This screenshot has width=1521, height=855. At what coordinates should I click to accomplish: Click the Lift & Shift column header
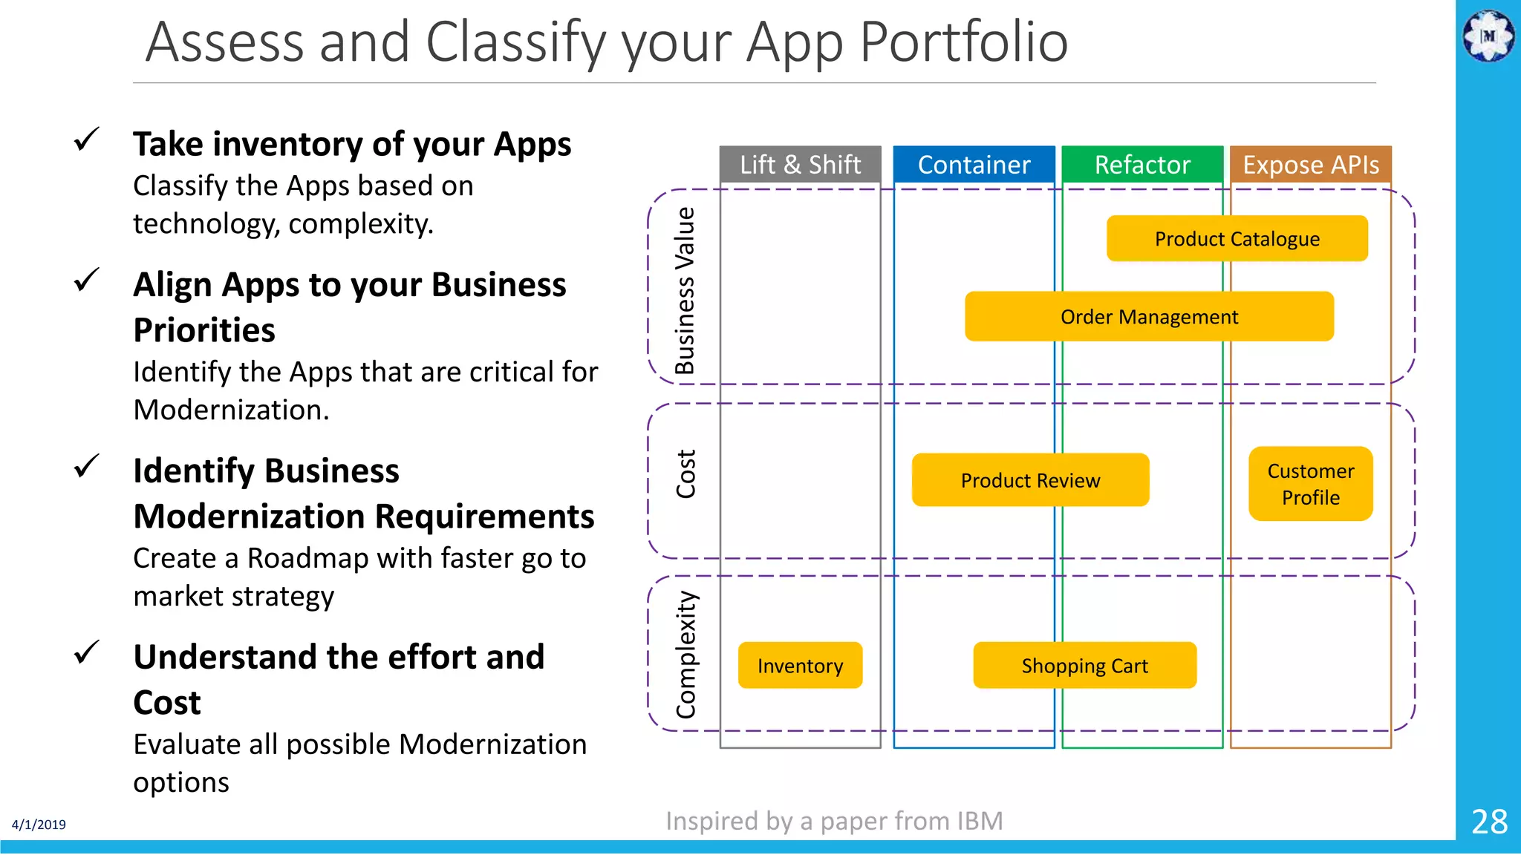tap(800, 164)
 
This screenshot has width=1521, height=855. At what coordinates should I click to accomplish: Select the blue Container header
tap(974, 164)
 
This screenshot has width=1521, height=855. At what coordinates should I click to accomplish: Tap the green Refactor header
tap(1142, 164)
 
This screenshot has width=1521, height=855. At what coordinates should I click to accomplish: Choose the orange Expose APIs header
tap(1311, 164)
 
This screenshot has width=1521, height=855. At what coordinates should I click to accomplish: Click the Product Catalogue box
tap(1237, 239)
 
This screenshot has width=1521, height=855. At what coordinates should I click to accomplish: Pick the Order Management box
tap(1149, 317)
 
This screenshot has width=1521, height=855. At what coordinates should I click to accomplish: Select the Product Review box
tap(1030, 480)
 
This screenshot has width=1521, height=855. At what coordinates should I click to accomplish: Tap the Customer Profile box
tap(1311, 484)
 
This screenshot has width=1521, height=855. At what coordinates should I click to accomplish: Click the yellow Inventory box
tap(800, 666)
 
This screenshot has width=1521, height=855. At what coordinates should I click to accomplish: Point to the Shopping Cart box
tap(1084, 666)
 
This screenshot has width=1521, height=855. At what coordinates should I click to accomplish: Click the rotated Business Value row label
tap(685, 290)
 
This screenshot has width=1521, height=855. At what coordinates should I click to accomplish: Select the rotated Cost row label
tap(685, 474)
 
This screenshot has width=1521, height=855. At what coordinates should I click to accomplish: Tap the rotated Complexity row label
tap(685, 655)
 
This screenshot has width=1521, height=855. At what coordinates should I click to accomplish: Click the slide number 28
tap(1489, 822)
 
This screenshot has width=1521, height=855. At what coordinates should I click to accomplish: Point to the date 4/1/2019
tap(39, 825)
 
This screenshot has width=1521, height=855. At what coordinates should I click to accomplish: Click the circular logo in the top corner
tap(1488, 35)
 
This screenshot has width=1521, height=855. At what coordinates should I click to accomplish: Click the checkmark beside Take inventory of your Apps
tap(87, 139)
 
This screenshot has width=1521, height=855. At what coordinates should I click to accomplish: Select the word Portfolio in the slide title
tap(963, 42)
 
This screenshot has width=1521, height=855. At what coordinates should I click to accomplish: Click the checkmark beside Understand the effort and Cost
tap(87, 652)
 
